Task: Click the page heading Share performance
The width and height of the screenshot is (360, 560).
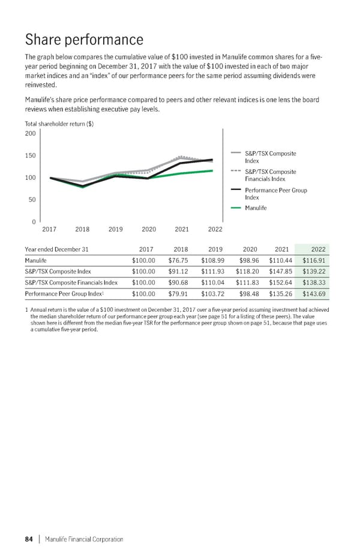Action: click(x=84, y=40)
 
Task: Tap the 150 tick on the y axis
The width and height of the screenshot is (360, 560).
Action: click(x=30, y=156)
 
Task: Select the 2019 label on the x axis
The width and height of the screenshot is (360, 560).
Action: click(x=116, y=230)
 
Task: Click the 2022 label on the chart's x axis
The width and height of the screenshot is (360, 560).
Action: click(x=215, y=230)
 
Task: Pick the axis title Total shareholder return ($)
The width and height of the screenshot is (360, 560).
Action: click(x=59, y=124)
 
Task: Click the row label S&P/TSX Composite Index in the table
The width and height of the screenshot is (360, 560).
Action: click(x=58, y=272)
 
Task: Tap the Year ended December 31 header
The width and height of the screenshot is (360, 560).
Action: click(x=57, y=249)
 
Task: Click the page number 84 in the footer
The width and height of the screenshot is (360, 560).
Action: click(x=28, y=539)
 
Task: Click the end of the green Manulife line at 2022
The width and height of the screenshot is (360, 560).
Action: click(x=212, y=170)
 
